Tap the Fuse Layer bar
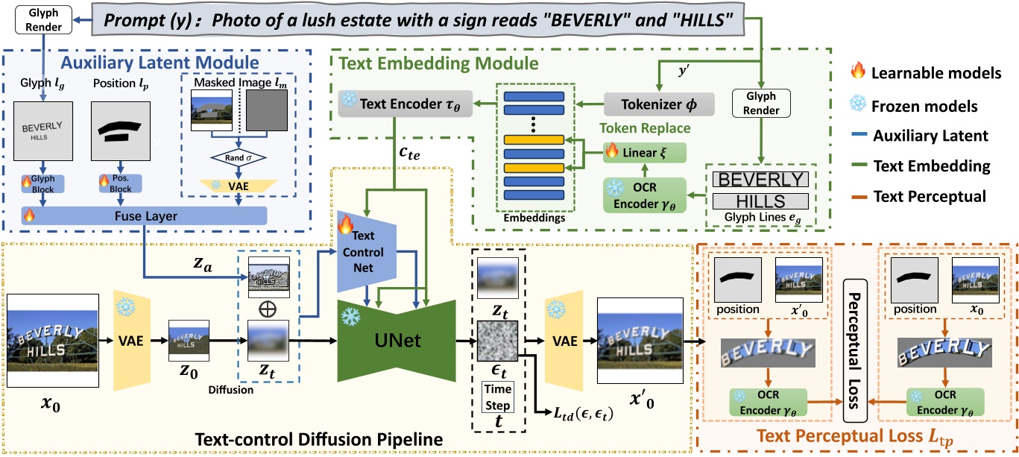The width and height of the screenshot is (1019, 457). pyautogui.click(x=143, y=215)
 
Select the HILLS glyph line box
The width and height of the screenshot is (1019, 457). pyautogui.click(x=760, y=201)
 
